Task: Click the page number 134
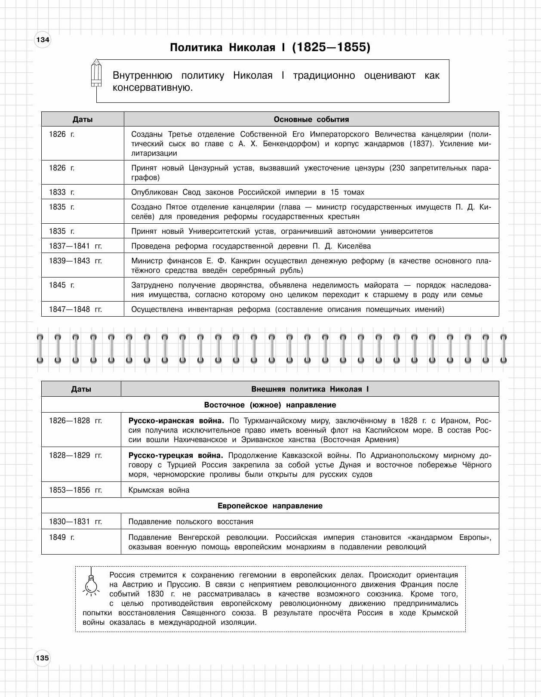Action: coord(43,40)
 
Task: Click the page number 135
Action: coord(43,658)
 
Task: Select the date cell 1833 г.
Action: coord(61,192)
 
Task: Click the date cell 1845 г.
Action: coord(61,285)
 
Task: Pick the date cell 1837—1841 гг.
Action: coord(75,246)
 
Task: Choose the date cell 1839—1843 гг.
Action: coord(75,261)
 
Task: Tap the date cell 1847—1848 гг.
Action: coord(75,309)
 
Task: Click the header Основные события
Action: coord(311,120)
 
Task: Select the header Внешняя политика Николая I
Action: coord(310,389)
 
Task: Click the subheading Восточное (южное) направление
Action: coord(270,405)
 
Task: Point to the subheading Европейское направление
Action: coord(270,506)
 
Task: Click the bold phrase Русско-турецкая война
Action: coord(176,455)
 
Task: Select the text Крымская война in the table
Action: coord(159,490)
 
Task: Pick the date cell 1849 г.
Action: coord(61,537)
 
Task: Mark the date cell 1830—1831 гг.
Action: coord(75,521)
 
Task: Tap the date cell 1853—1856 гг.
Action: coord(75,490)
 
